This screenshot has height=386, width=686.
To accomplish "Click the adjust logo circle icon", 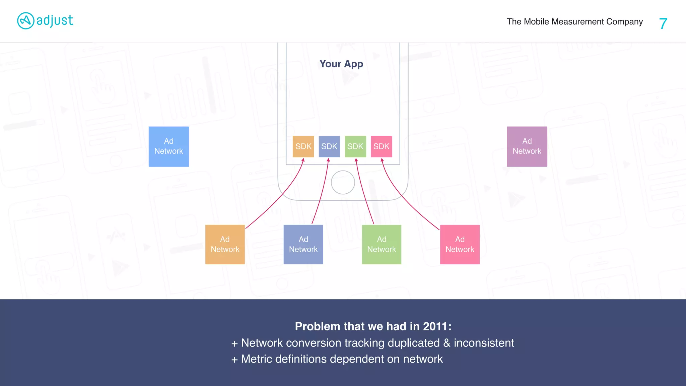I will [x=25, y=21].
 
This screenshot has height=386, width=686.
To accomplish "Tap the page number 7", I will [x=663, y=23].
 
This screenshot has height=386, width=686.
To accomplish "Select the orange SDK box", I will [x=303, y=146].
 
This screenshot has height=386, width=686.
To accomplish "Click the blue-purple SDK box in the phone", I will [x=329, y=146].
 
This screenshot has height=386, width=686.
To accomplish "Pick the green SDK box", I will [x=355, y=146].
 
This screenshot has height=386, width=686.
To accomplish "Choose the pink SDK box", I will [x=382, y=146].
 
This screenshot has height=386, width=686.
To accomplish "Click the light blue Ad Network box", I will [x=168, y=146].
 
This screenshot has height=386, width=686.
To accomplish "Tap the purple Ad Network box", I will [x=527, y=146].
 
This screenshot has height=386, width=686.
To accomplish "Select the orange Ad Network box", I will [x=225, y=245].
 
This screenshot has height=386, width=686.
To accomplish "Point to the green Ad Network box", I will [x=382, y=245].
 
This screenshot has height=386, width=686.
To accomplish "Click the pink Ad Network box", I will [x=460, y=245].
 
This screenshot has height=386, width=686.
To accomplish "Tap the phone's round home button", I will [x=343, y=182].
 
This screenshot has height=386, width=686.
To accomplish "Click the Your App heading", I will [x=341, y=64].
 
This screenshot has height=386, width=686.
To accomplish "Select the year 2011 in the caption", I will [x=435, y=326].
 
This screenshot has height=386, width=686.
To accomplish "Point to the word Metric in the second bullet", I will [x=256, y=359].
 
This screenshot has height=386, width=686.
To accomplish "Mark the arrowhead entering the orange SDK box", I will [x=303, y=160].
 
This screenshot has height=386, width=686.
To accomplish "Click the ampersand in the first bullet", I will [x=447, y=343].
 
